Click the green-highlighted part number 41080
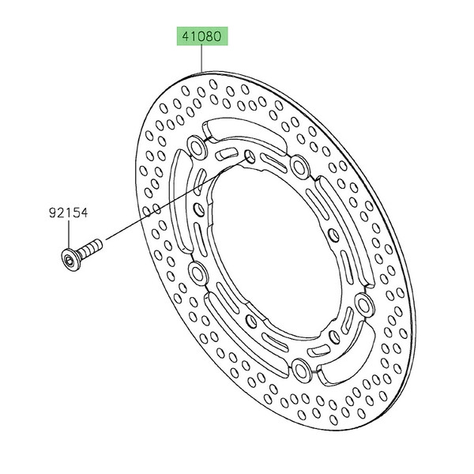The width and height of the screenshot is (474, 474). pos(202,36)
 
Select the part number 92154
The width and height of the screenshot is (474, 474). pos(68,213)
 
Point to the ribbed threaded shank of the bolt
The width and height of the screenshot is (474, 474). pos(91,246)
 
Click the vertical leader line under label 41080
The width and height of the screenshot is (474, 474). pos(201,59)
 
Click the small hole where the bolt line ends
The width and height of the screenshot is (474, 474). pos(250,157)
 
